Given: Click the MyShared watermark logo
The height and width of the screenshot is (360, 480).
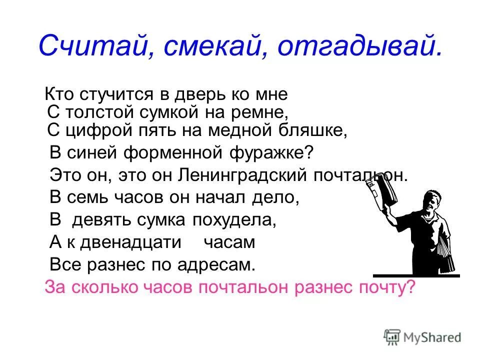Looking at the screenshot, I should pos(422,336).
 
